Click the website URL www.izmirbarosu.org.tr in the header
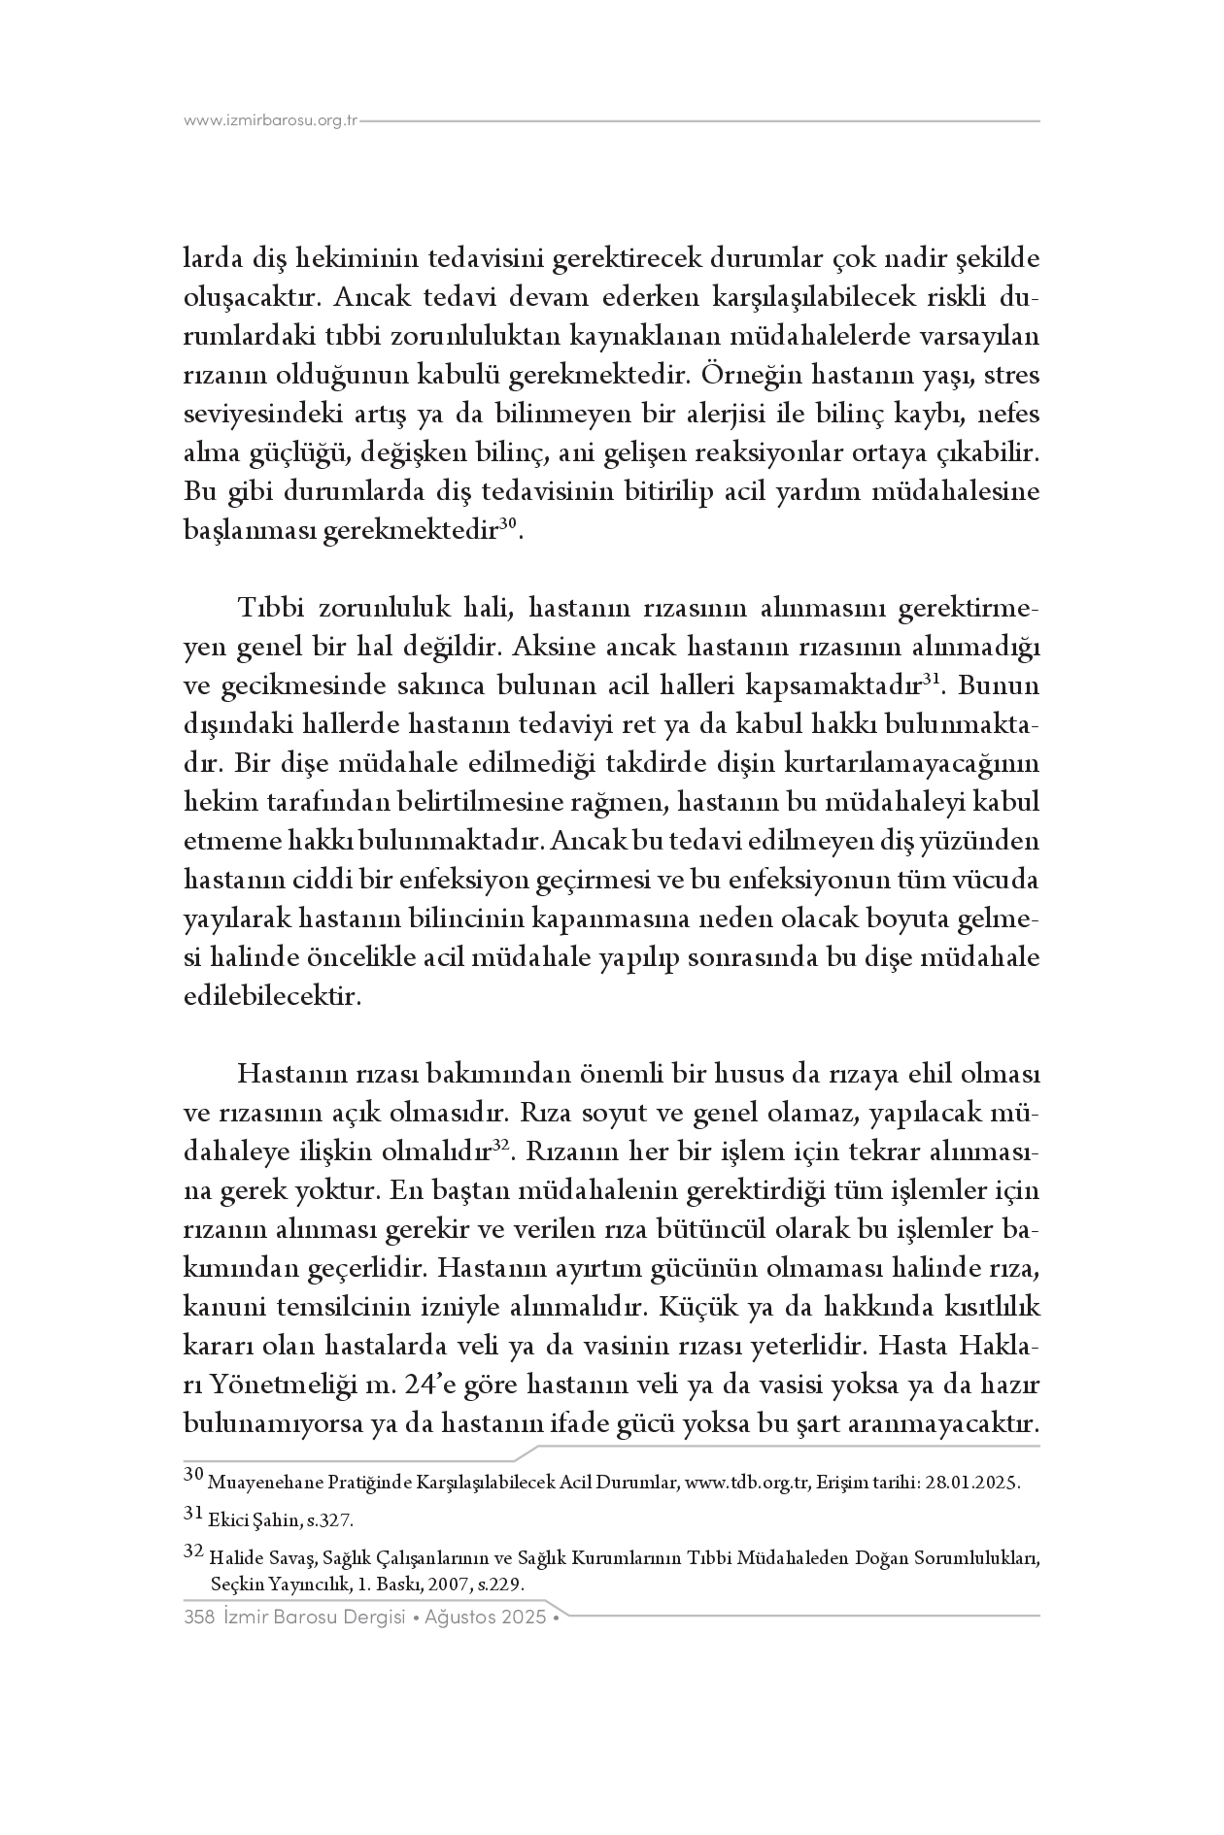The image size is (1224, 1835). click(x=271, y=121)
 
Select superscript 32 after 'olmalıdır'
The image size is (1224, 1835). click(x=500, y=1146)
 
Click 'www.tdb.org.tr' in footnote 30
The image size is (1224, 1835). click(x=747, y=1483)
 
